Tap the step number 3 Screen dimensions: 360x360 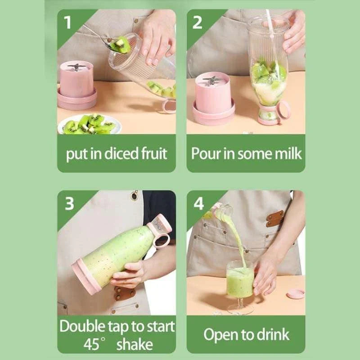point(69,203)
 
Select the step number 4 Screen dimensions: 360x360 point(198,203)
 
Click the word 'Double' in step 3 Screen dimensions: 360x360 point(83,326)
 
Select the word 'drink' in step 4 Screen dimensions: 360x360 point(273,335)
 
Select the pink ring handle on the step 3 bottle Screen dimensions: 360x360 point(161,239)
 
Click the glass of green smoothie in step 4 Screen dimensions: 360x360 point(240,281)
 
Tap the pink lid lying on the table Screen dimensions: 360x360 point(295,293)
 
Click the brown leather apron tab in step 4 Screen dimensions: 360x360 point(274,218)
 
